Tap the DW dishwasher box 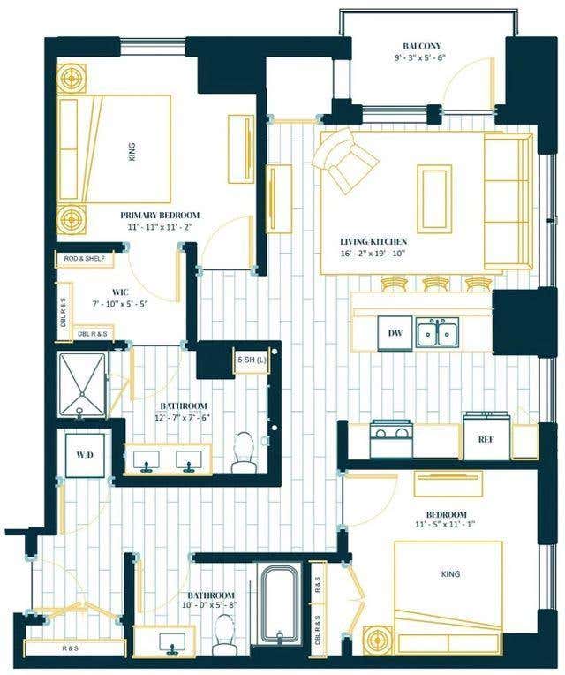point(395,333)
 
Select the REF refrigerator point(486,437)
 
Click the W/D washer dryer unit point(85,456)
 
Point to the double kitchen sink point(437,332)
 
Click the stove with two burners point(391,439)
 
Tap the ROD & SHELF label point(84,259)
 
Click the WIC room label point(119,292)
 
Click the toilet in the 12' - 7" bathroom point(244,453)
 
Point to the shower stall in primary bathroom point(82,385)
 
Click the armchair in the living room point(345,159)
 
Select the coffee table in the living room point(434,199)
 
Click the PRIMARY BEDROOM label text point(160,216)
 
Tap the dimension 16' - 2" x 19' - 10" point(373,254)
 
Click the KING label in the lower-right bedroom point(450,573)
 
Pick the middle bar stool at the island point(436,284)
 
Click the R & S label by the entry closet point(71,648)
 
